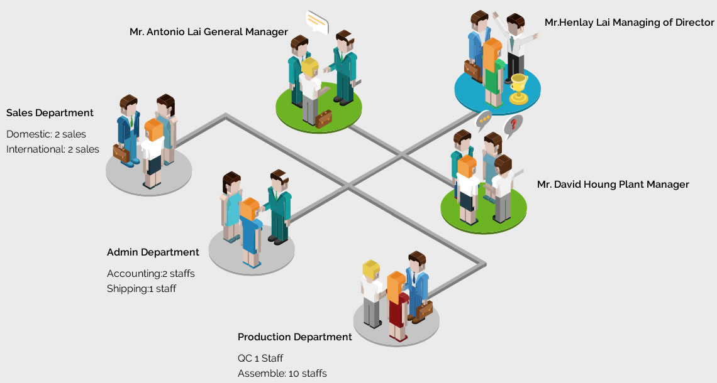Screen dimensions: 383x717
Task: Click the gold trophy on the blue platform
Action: (518, 88)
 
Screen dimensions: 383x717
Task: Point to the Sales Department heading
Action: (50, 113)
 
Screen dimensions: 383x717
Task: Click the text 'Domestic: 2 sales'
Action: (46, 134)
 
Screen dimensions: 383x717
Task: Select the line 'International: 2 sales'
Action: (53, 149)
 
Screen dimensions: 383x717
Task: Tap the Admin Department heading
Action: (153, 252)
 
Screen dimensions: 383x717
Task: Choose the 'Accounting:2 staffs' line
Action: (151, 274)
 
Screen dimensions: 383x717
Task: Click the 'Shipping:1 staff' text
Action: (142, 289)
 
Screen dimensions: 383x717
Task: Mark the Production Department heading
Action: (294, 337)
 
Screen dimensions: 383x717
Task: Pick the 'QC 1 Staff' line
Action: (260, 359)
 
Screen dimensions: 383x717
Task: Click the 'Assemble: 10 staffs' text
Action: (282, 374)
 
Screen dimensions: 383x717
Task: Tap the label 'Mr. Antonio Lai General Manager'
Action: (209, 31)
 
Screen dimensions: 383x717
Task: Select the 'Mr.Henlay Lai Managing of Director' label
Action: (629, 23)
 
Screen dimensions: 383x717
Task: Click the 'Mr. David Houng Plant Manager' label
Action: (613, 185)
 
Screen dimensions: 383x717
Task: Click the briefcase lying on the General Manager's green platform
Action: (323, 118)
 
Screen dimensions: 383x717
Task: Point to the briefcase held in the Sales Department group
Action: (121, 151)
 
